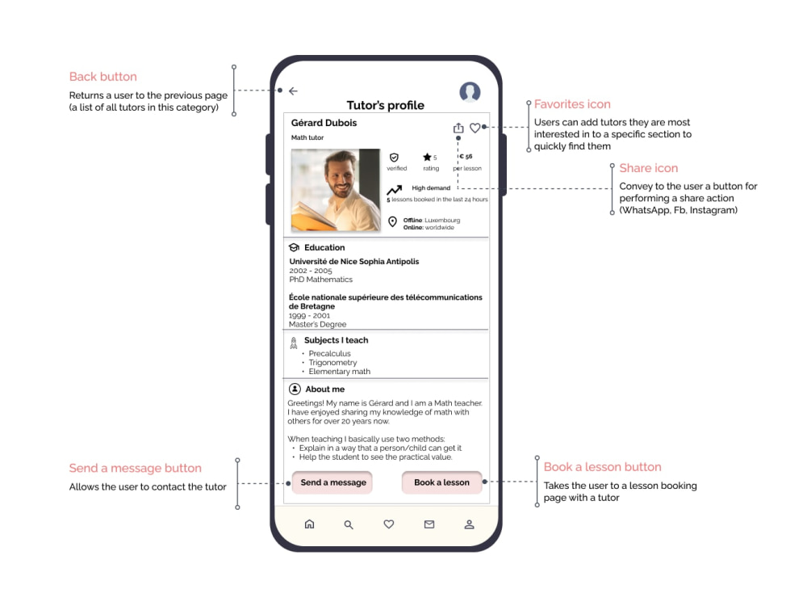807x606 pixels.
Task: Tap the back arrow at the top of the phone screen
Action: [293, 91]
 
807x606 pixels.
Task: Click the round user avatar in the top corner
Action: [470, 92]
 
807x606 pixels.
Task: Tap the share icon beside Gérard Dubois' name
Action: [458, 128]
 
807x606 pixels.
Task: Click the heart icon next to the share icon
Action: [475, 128]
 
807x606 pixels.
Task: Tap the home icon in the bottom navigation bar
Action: [309, 524]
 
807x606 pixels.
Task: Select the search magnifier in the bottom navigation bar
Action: [349, 524]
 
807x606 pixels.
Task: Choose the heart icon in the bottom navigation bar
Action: [389, 524]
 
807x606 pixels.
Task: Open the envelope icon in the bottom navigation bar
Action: [429, 524]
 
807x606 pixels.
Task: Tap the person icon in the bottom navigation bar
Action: [469, 524]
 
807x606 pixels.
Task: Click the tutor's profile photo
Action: [336, 190]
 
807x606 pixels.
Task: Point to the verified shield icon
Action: [394, 158]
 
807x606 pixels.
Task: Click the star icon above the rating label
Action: [427, 158]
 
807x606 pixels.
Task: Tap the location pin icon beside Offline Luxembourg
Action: [393, 221]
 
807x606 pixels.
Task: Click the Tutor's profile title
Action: [386, 106]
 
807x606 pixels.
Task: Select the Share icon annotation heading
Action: [649, 168]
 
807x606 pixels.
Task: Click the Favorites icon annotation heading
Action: [572, 104]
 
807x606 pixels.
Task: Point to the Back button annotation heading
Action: [103, 77]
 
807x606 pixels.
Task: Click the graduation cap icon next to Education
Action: [294, 247]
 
